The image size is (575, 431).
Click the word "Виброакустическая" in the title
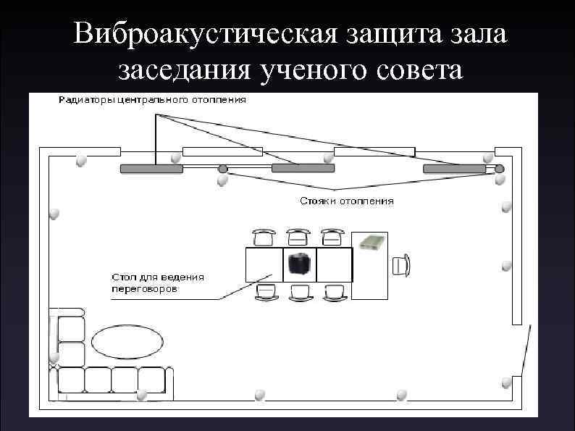pyautogui.click(x=193, y=33)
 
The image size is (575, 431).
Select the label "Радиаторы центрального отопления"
pyautogui.click(x=152, y=100)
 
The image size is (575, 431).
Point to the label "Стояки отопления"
pyautogui.click(x=347, y=201)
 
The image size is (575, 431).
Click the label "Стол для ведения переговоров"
pyautogui.click(x=157, y=283)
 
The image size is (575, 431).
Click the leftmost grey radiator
pyautogui.click(x=151, y=169)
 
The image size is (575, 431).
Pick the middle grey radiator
pyautogui.click(x=303, y=169)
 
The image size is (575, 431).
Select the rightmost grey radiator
pyautogui.click(x=454, y=169)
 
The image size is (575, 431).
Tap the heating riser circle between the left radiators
pyautogui.click(x=223, y=169)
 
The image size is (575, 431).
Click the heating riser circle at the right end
pyautogui.click(x=500, y=169)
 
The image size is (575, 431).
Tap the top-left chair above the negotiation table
pyautogui.click(x=264, y=237)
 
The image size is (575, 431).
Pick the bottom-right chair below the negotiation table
pyautogui.click(x=334, y=292)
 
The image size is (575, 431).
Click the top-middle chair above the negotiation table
pyautogui.click(x=298, y=237)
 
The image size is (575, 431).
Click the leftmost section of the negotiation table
pyautogui.click(x=264, y=264)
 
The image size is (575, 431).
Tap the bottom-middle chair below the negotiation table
pyautogui.click(x=300, y=292)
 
